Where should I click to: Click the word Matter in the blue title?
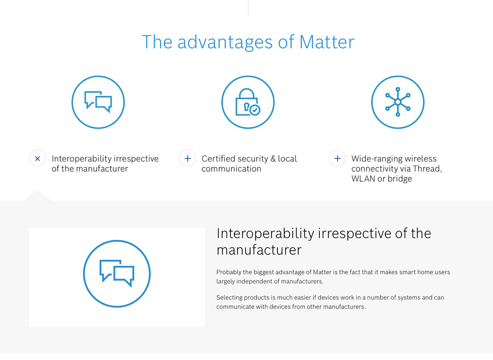(x=327, y=42)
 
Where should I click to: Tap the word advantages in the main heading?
(x=225, y=42)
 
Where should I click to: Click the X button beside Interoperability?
(x=38, y=159)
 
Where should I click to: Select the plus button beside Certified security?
(x=188, y=159)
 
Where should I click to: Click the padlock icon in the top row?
(x=248, y=102)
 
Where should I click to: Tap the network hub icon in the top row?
(x=398, y=102)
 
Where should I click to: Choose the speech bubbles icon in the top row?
(x=98, y=102)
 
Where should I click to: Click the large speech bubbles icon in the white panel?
(x=117, y=274)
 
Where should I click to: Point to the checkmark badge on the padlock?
(x=255, y=110)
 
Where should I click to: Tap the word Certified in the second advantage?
(x=219, y=159)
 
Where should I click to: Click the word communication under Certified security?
(x=231, y=169)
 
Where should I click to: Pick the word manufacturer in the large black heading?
(x=259, y=250)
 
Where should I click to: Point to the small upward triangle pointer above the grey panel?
(x=37, y=195)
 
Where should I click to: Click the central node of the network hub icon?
(x=398, y=102)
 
